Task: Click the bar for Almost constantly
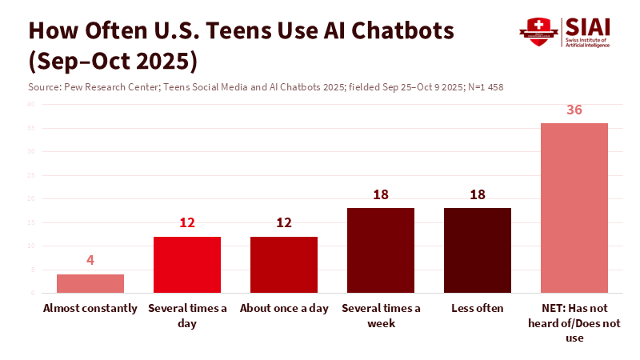[90, 284]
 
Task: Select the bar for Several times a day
[187, 265]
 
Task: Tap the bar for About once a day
[284, 265]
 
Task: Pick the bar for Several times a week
[381, 250]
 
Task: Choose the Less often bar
[478, 250]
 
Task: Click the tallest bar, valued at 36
[574, 208]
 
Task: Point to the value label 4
[90, 261]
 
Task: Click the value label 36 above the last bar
[574, 110]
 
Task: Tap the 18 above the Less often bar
[478, 194]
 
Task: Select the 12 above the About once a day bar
[284, 223]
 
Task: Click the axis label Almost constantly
[90, 309]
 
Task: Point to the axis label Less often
[478, 309]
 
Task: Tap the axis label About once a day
[284, 309]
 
